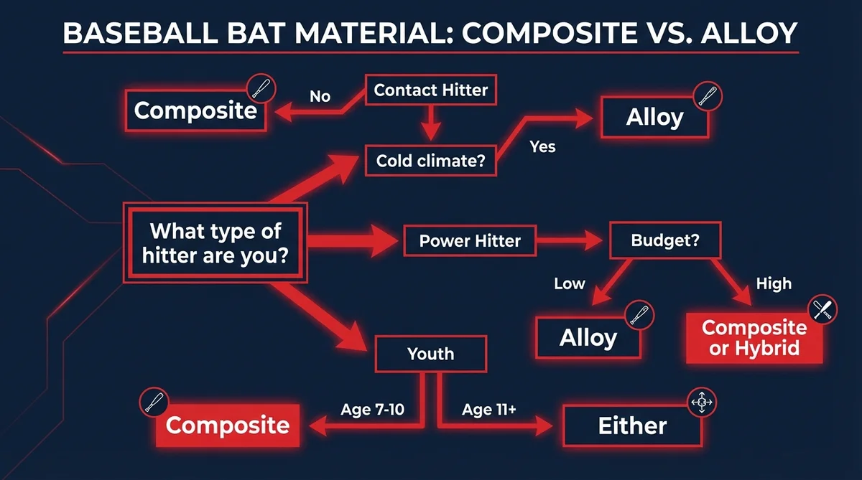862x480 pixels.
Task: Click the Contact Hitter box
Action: click(x=430, y=90)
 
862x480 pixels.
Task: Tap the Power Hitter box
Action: click(x=470, y=241)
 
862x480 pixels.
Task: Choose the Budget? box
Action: click(x=665, y=241)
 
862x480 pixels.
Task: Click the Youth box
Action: click(x=430, y=353)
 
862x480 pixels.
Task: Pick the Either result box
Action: click(x=632, y=425)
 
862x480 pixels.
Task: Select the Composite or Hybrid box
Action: click(x=754, y=338)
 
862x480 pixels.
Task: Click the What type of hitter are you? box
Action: click(x=215, y=243)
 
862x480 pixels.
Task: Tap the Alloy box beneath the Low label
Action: click(x=588, y=337)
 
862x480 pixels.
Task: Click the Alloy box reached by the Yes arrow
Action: click(x=654, y=118)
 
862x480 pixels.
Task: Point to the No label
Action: click(x=320, y=96)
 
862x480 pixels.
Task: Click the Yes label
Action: click(x=542, y=146)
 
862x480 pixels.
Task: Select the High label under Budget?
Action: click(x=774, y=284)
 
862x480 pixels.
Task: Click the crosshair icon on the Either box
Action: click(x=700, y=404)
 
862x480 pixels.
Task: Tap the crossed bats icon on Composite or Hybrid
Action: click(x=822, y=309)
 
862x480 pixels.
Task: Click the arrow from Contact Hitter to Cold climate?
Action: click(x=430, y=122)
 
